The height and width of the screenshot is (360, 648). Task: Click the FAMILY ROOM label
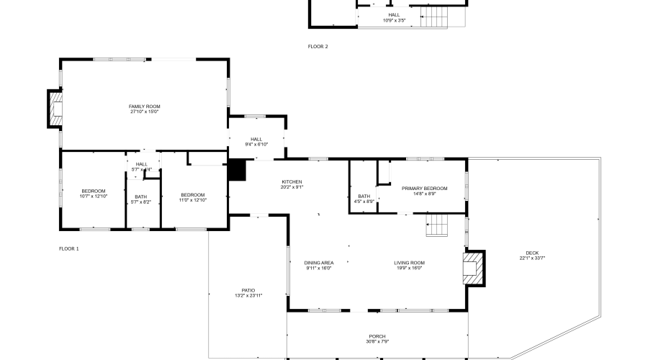(x=144, y=107)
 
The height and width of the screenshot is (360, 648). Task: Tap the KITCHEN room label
(x=292, y=181)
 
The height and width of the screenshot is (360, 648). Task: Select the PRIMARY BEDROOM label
(x=430, y=189)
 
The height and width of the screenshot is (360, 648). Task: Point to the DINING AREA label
(x=319, y=263)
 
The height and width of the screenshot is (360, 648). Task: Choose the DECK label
(x=532, y=253)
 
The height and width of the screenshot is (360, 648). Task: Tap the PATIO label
(x=248, y=290)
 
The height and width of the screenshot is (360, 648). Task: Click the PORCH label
(x=377, y=336)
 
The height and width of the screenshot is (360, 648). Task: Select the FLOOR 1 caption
(x=69, y=248)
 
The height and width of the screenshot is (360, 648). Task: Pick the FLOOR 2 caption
(x=318, y=47)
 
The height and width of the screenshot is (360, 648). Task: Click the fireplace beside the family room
(x=55, y=109)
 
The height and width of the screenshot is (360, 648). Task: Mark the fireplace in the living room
(x=473, y=268)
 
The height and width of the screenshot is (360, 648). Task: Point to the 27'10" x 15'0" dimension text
(x=144, y=112)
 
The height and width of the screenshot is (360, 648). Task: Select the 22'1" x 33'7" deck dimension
(x=532, y=258)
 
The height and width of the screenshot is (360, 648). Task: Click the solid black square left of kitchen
(x=236, y=170)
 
